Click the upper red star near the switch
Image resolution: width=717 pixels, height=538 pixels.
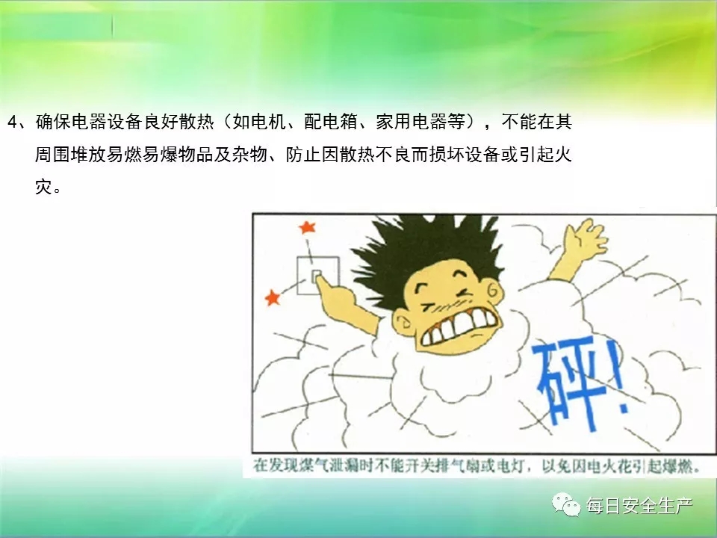[x=307, y=227]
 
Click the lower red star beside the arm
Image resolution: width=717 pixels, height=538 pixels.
[x=273, y=298]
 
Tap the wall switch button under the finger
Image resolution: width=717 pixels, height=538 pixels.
[x=317, y=276]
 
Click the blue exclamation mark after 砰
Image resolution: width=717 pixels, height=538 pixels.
[x=621, y=376]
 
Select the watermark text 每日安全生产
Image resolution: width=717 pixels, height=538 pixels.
[x=639, y=506]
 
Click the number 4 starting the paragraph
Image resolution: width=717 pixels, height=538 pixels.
[x=13, y=122]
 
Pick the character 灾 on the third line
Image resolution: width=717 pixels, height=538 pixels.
[x=44, y=187]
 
